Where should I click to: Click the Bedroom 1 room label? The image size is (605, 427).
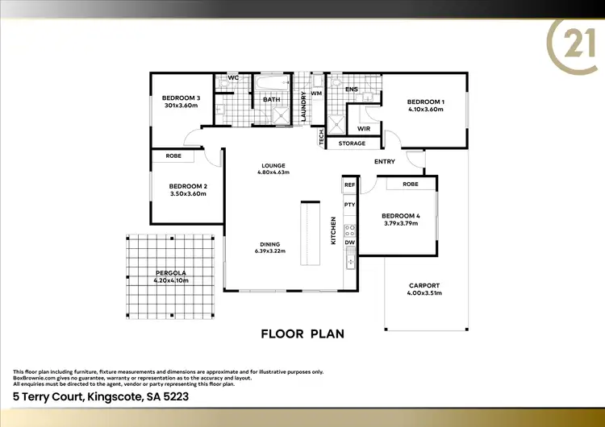[426, 101]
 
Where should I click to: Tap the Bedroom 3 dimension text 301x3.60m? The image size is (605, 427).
[181, 106]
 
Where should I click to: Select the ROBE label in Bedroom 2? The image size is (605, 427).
[173, 155]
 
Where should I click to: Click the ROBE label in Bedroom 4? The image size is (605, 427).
[410, 184]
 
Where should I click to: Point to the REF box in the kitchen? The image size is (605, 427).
[349, 185]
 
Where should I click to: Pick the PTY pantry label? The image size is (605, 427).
[349, 205]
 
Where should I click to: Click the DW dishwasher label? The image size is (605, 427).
[349, 242]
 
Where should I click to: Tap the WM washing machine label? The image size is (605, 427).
[315, 94]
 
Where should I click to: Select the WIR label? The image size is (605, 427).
[363, 129]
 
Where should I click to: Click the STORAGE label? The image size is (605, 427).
[352, 143]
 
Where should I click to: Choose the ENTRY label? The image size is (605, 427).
[385, 162]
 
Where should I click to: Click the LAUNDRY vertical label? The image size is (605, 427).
[302, 107]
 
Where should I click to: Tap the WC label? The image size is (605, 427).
[233, 78]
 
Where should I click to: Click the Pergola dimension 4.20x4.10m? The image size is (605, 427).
[171, 280]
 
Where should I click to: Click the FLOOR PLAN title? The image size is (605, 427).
[302, 333]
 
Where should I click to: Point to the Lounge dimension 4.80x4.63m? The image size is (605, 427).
[273, 172]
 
